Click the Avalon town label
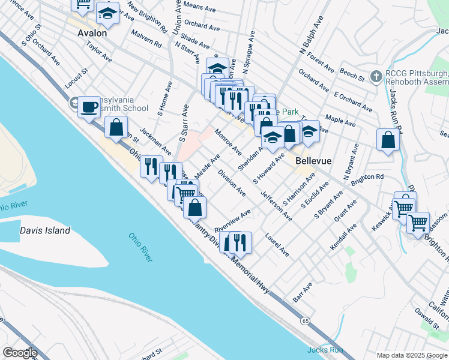pyautogui.click(x=92, y=34)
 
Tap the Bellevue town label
pyautogui.click(x=313, y=161)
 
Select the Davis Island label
pyautogui.click(x=45, y=230)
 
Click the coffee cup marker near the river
pyautogui.click(x=89, y=107)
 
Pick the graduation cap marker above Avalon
pyautogui.click(x=107, y=14)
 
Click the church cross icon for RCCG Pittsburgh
pyautogui.click(x=376, y=76)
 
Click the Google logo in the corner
pyautogui.click(x=19, y=353)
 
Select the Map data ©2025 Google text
pyautogui.click(x=412, y=355)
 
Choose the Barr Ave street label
pyautogui.click(x=304, y=292)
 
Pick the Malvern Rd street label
pyautogui.click(x=146, y=40)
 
